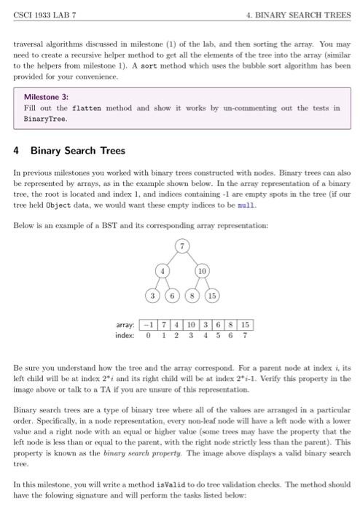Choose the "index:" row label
(126, 335)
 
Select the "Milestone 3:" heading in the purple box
(46, 96)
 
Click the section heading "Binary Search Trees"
(78, 151)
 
